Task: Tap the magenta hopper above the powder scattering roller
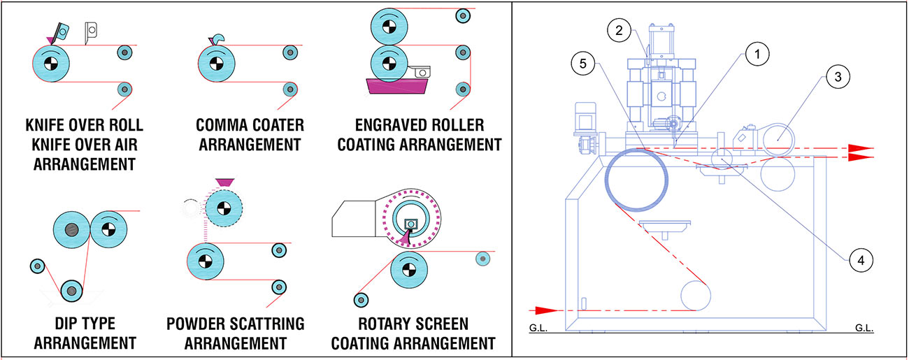pos(224,182)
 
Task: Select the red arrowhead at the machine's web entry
pos(547,310)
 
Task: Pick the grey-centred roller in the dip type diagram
pos(72,229)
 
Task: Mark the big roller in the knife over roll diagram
pos(50,64)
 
